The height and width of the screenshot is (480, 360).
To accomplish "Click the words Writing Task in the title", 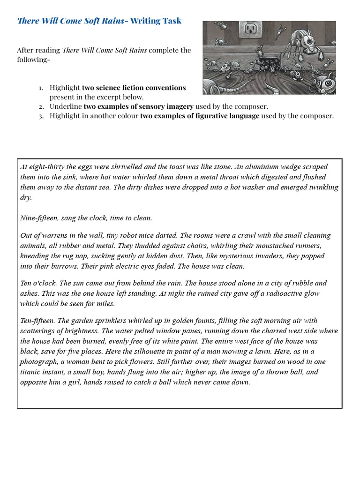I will point(156,21).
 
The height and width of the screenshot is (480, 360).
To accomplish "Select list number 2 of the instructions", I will point(41,106).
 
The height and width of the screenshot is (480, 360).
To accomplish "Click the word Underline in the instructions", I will point(66,106).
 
